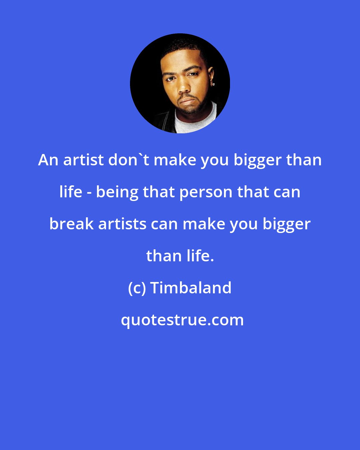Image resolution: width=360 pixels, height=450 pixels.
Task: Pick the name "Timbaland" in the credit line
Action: [x=191, y=288]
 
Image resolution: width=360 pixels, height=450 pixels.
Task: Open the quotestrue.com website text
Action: [x=182, y=320]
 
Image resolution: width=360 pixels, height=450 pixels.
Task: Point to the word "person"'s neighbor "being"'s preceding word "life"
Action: [x=70, y=192]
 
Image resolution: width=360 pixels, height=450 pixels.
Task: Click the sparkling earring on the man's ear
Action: [x=213, y=84]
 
